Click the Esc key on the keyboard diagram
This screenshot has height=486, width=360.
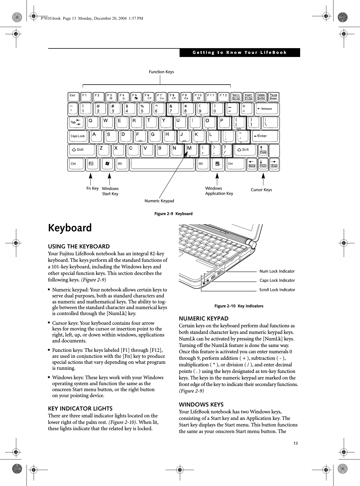(74, 97)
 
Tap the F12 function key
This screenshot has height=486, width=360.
(224, 97)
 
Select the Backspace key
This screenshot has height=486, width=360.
(266, 109)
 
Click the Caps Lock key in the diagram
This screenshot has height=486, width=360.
(78, 136)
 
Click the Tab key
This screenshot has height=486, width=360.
(76, 122)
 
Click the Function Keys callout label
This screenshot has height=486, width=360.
(161, 72)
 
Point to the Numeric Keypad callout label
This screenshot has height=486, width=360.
(159, 201)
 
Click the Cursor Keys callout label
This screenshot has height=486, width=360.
(261, 190)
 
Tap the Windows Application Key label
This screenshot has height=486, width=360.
(219, 191)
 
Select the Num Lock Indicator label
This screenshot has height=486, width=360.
(277, 271)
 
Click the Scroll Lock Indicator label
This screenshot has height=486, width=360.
(277, 290)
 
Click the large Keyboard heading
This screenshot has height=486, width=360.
(70, 228)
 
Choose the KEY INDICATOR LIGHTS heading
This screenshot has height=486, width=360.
(80, 409)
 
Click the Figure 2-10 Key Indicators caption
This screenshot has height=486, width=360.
(239, 306)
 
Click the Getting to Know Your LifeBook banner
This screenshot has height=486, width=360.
(239, 53)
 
